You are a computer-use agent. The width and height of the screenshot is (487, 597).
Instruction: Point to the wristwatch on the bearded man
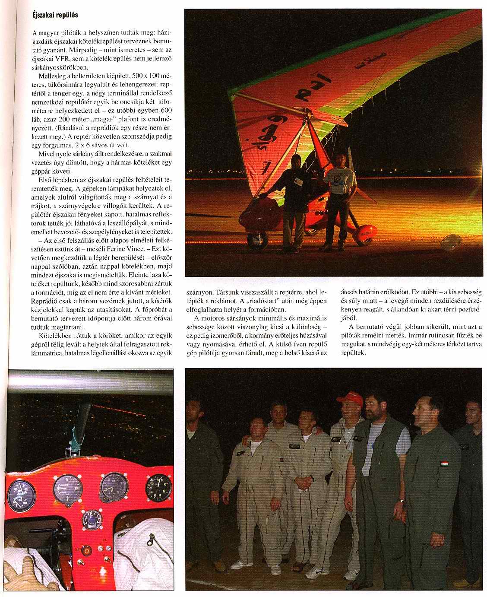[x=402, y=501]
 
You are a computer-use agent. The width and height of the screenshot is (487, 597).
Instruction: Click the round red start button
[x=87, y=551]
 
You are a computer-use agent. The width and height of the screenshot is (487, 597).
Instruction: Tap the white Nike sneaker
[x=316, y=573]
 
